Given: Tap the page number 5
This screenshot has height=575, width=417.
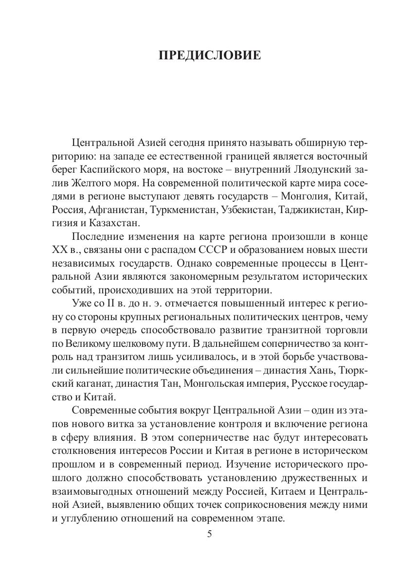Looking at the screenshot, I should pos(209,534).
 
